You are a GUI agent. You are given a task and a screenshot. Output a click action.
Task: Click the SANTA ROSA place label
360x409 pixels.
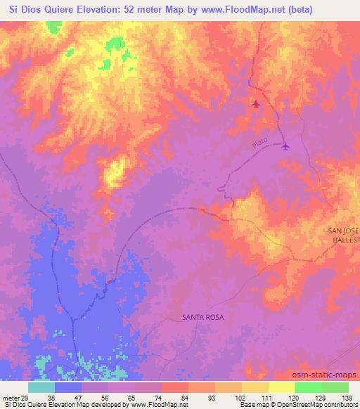click(202, 318)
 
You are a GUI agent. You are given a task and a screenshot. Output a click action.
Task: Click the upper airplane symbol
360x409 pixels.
click(256, 105)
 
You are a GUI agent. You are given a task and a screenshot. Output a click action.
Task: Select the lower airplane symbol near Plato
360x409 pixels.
click(285, 146)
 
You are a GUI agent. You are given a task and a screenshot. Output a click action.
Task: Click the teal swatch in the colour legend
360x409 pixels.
click(41, 387)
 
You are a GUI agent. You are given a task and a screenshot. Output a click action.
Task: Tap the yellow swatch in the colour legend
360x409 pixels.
click(282, 387)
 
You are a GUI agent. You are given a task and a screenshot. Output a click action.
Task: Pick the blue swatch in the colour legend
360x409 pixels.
click(68, 387)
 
